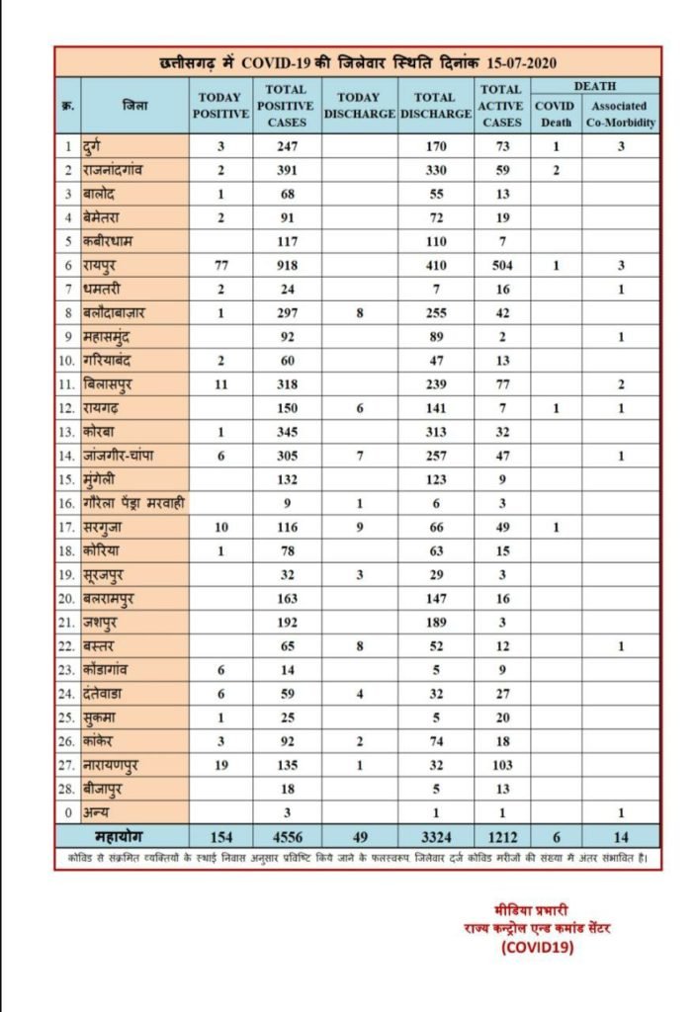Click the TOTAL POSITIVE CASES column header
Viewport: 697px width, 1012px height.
coord(287,106)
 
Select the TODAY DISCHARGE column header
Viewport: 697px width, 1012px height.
coord(359,106)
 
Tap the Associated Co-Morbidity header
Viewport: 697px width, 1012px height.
coord(620,115)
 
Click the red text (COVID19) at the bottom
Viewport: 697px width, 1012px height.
coord(537,946)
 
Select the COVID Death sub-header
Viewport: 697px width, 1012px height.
coord(555,115)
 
